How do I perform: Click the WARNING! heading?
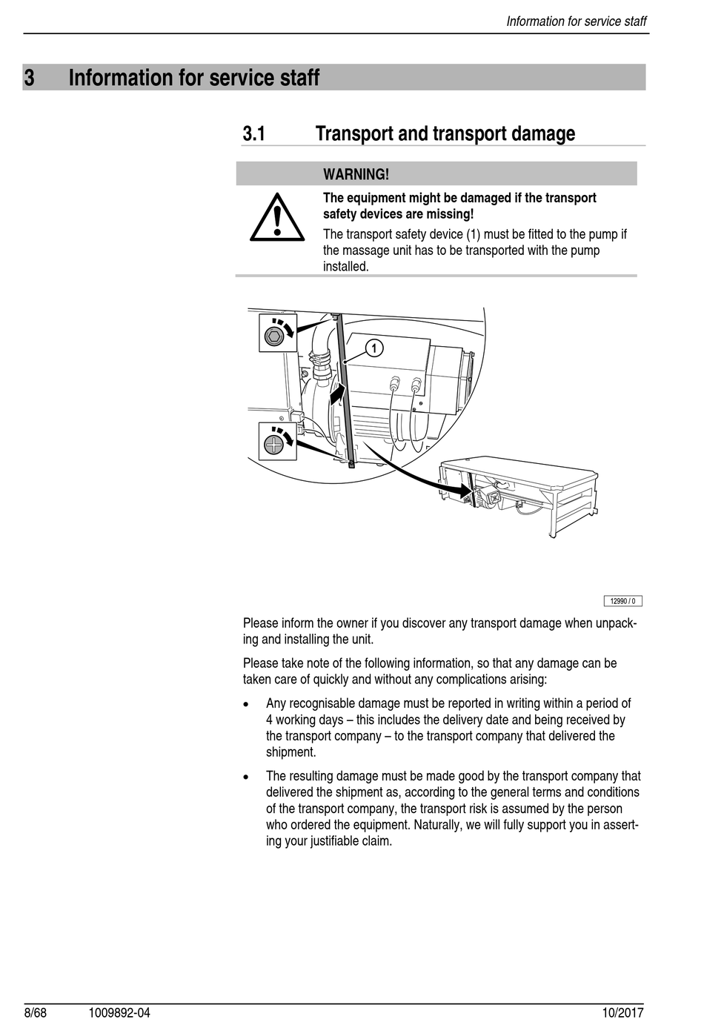click(356, 174)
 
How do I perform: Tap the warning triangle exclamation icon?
click(276, 217)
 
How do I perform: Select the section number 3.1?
click(253, 134)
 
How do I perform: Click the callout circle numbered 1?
click(375, 348)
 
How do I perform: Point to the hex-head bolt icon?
click(275, 335)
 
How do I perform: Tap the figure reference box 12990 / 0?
click(622, 601)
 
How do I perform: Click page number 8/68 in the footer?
click(35, 1012)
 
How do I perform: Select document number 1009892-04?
click(119, 1012)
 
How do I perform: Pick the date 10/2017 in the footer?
click(622, 1012)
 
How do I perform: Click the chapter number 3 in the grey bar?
click(30, 78)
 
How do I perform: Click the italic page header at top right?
click(576, 21)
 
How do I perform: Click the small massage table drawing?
click(519, 493)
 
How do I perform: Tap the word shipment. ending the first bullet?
click(291, 752)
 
